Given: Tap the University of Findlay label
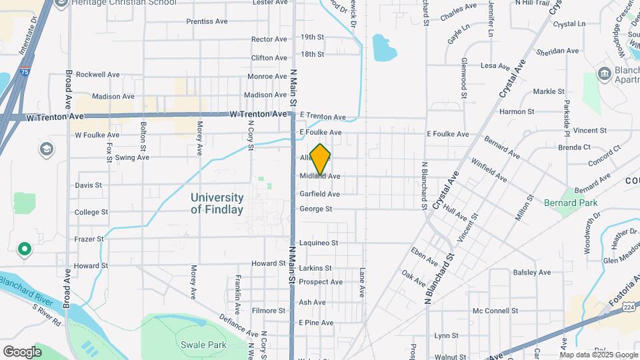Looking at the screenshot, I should tap(217, 203).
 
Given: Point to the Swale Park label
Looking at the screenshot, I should tap(203, 345).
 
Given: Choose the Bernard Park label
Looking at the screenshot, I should tap(571, 203).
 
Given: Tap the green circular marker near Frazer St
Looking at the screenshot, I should tap(25, 249).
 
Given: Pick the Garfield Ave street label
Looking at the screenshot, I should tap(319, 194).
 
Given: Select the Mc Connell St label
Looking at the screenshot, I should tap(495, 311).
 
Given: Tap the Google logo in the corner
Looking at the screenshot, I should tap(21, 351).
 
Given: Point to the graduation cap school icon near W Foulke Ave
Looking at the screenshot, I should tap(46, 148).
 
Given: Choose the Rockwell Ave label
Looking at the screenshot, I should tap(98, 75).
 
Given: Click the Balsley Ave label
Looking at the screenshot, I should tap(532, 272).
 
